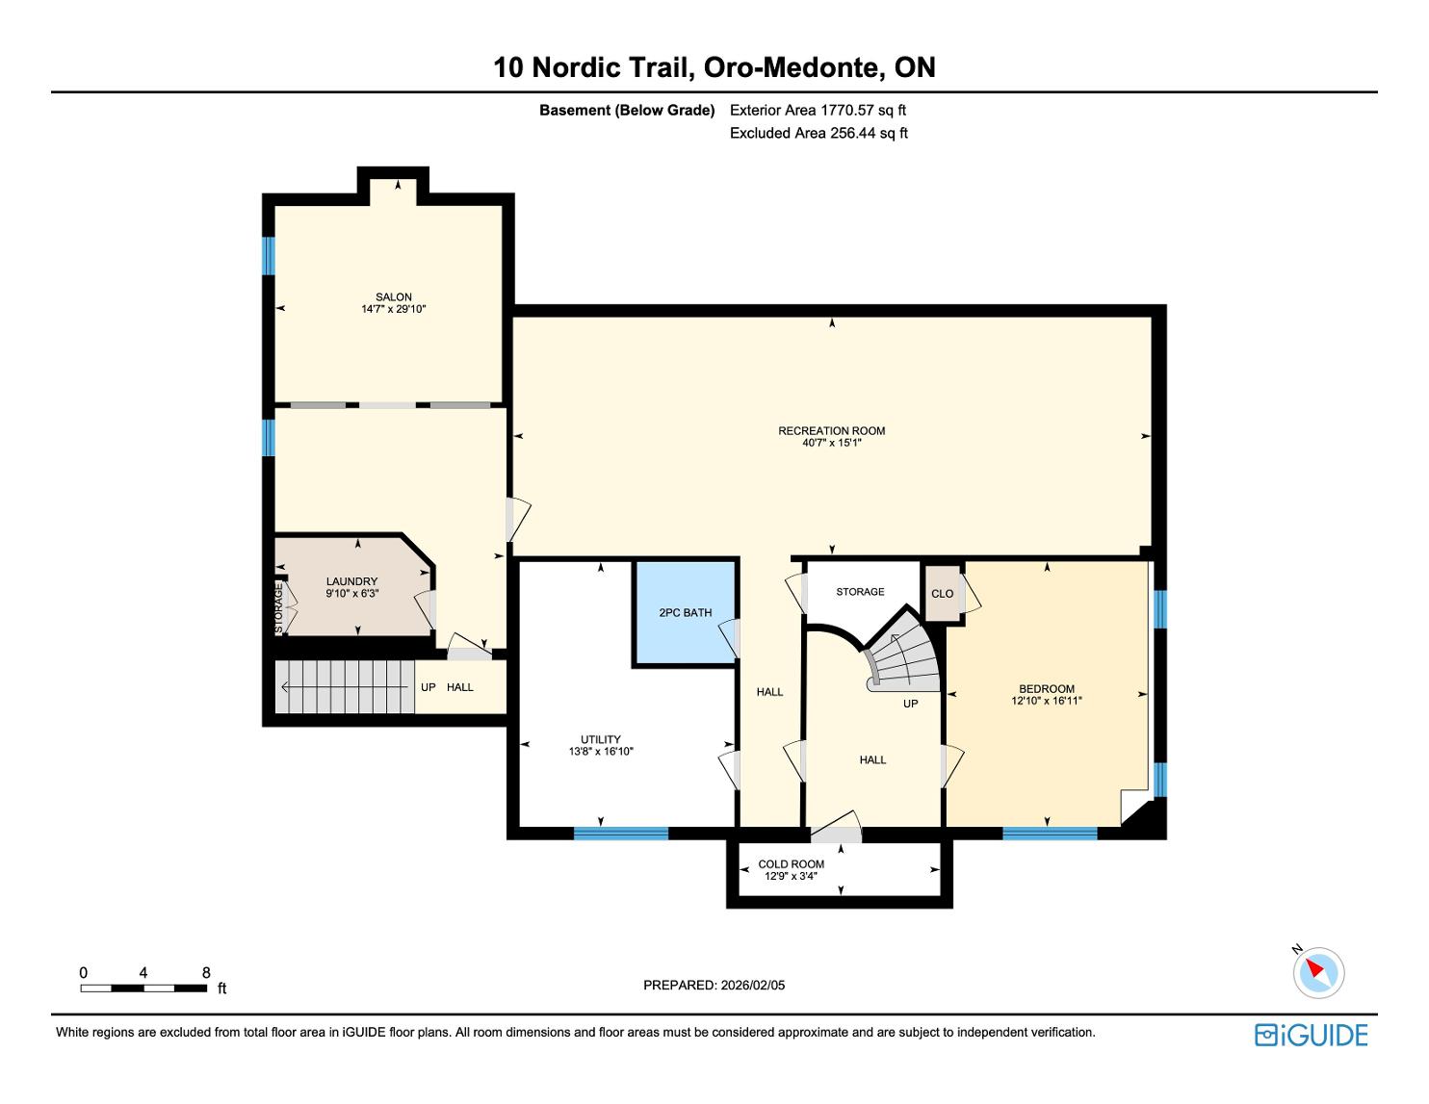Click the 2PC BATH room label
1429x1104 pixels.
[x=686, y=612]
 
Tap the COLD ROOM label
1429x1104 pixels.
[x=791, y=864]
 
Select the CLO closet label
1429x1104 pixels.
[x=942, y=594]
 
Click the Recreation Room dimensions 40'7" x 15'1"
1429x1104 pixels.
[x=831, y=443]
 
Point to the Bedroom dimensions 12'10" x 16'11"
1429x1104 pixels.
[x=1047, y=701]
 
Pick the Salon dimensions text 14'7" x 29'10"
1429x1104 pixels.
[x=393, y=309]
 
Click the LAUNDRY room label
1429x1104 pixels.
[x=351, y=581]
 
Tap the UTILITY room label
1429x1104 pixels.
[x=601, y=739]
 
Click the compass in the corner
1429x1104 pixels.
[x=1317, y=972]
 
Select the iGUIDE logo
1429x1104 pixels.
[x=1311, y=1035]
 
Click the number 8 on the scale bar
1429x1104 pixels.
[x=206, y=972]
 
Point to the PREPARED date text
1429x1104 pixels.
[x=714, y=985]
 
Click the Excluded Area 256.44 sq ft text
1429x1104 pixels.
[x=818, y=133]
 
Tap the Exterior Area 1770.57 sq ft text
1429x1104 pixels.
[x=818, y=110]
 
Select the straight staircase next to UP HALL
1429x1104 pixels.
[x=346, y=686]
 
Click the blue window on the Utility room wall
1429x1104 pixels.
[x=621, y=834]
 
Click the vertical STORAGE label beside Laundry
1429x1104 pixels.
[x=279, y=608]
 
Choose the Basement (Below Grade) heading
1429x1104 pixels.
[x=627, y=111]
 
